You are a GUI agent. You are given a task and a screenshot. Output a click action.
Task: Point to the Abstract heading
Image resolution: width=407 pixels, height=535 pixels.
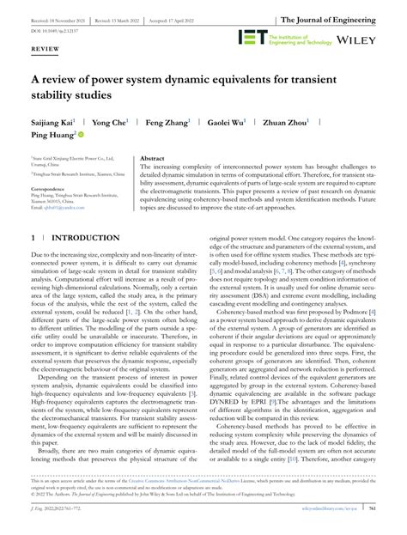click(x=152, y=159)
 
